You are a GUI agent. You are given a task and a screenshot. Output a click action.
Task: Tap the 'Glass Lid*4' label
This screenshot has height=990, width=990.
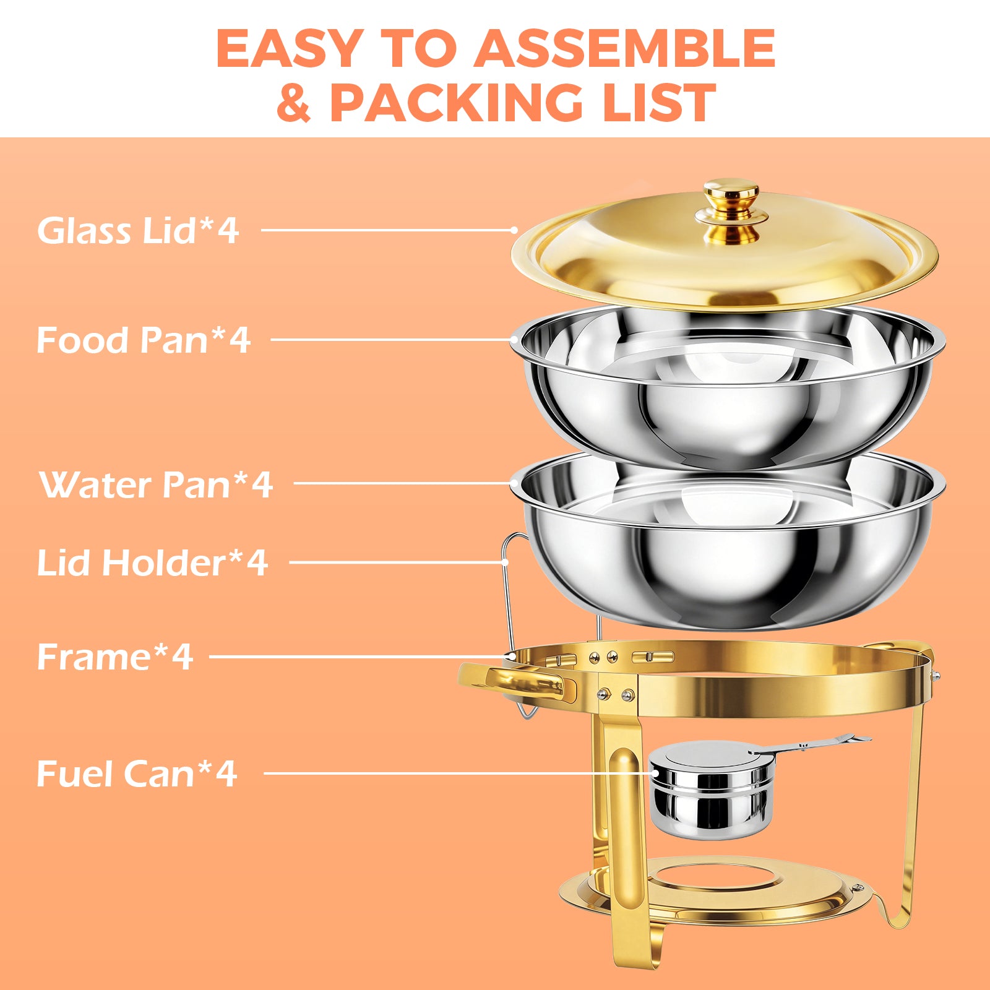138,230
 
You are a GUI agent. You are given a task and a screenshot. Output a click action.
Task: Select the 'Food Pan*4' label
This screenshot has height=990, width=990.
143,340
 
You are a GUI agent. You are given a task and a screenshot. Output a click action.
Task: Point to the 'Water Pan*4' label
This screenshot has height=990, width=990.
156,484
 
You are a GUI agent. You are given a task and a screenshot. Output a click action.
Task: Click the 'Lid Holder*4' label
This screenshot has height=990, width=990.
152,562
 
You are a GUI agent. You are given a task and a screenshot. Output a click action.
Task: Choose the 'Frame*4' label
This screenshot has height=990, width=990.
115,656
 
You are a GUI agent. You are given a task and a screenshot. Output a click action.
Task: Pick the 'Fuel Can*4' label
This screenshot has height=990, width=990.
137,773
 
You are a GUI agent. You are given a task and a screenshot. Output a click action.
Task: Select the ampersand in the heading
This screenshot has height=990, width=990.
293,103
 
